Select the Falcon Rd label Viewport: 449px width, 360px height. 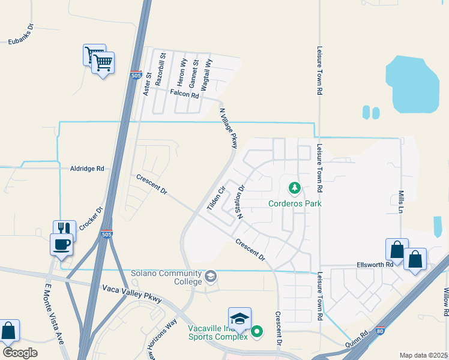coord(184,94)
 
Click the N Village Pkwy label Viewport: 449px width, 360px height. coord(229,128)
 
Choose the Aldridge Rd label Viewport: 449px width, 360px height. coord(88,169)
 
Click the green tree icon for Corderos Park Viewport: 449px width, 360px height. coord(295,189)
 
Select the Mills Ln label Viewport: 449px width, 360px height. coord(401,202)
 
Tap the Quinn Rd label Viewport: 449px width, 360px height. coord(356,341)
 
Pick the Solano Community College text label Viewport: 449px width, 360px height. coord(167,278)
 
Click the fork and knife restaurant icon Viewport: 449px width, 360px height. coord(64,229)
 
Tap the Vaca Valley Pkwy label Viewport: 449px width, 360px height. coord(131,294)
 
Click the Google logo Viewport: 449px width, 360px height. coord(20,353)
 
